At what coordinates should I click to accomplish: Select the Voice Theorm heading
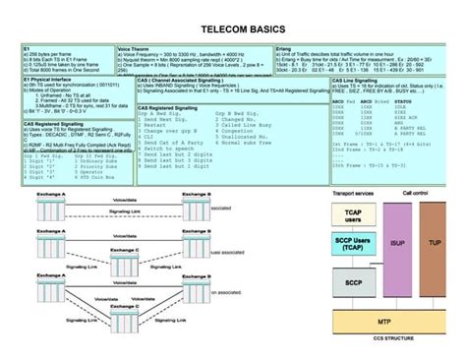pos(134,48)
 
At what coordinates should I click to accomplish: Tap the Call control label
pos(414,194)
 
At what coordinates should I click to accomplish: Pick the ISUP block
pos(397,242)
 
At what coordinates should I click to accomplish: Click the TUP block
pos(435,242)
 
